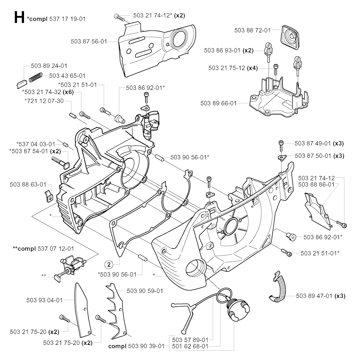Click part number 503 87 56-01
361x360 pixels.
(88, 41)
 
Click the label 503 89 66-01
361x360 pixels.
(219, 103)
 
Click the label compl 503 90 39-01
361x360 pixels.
(136, 346)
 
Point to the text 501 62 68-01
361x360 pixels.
(190, 346)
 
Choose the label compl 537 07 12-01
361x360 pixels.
(43, 249)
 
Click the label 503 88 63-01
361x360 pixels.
(28, 184)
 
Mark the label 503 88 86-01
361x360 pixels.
(316, 184)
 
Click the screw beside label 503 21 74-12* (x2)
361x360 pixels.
(120, 16)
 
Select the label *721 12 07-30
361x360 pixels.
(44, 101)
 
